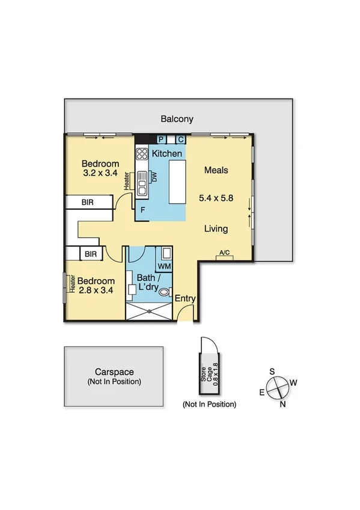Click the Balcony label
pyautogui.click(x=177, y=119)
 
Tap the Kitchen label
pyautogui.click(x=166, y=154)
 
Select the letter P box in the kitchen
pyautogui.click(x=160, y=140)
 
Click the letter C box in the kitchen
pyautogui.click(x=180, y=140)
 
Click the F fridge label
pyautogui.click(x=142, y=210)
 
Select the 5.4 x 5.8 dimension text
pyautogui.click(x=216, y=197)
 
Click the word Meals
pyautogui.click(x=216, y=170)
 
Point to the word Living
pyautogui.click(x=216, y=229)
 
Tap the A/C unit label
pyautogui.click(x=225, y=253)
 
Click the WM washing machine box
pyautogui.click(x=164, y=265)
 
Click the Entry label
pyautogui.click(x=185, y=298)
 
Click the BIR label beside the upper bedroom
pyautogui.click(x=87, y=203)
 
